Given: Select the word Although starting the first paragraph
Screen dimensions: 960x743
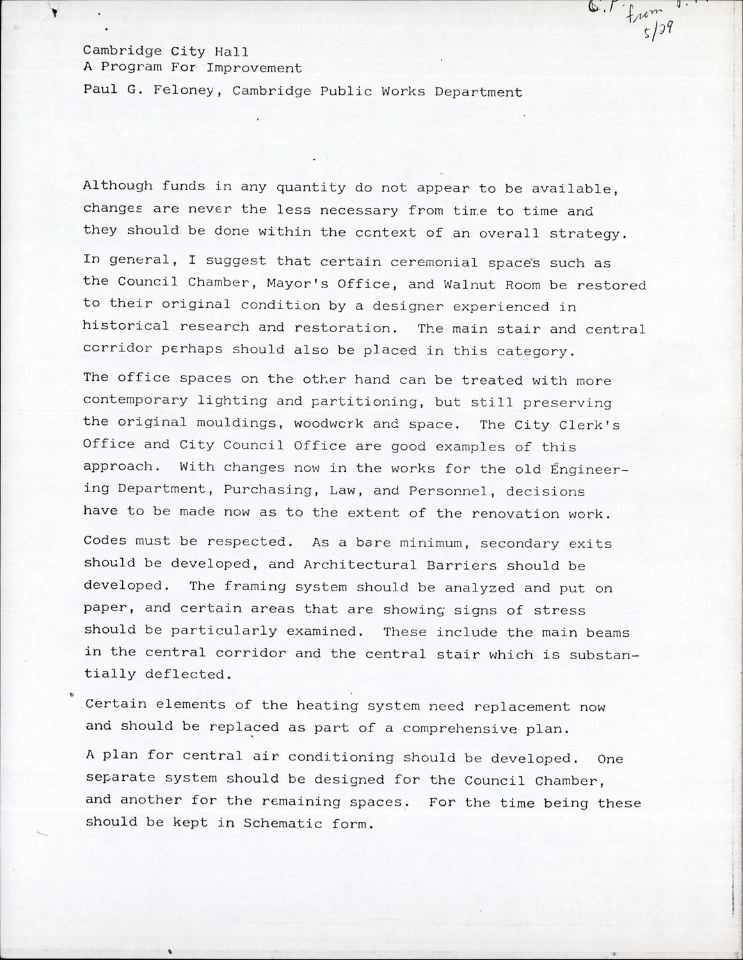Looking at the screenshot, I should (118, 187).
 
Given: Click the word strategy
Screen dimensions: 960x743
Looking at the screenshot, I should (585, 234).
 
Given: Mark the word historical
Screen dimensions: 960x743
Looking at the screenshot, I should (125, 327).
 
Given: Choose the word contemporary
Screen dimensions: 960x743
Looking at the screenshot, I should (136, 401).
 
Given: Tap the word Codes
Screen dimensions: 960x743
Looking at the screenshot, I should (105, 541).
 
